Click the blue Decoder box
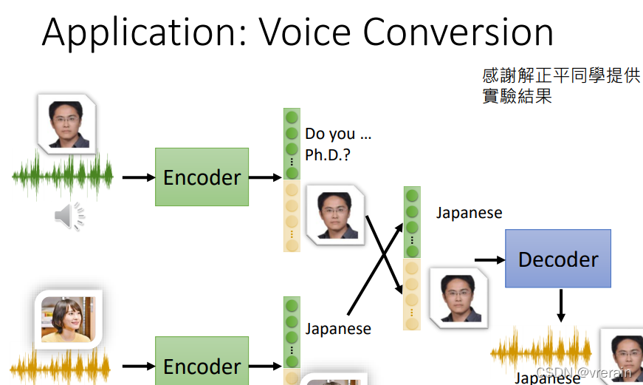558,259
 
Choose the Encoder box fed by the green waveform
202,177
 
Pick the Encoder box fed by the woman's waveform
202,366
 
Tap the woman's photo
68,319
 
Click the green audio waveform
63,177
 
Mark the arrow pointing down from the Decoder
560,305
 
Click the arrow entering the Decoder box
489,259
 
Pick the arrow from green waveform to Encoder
137,177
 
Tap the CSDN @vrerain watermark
583,372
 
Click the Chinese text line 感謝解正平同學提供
560,76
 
